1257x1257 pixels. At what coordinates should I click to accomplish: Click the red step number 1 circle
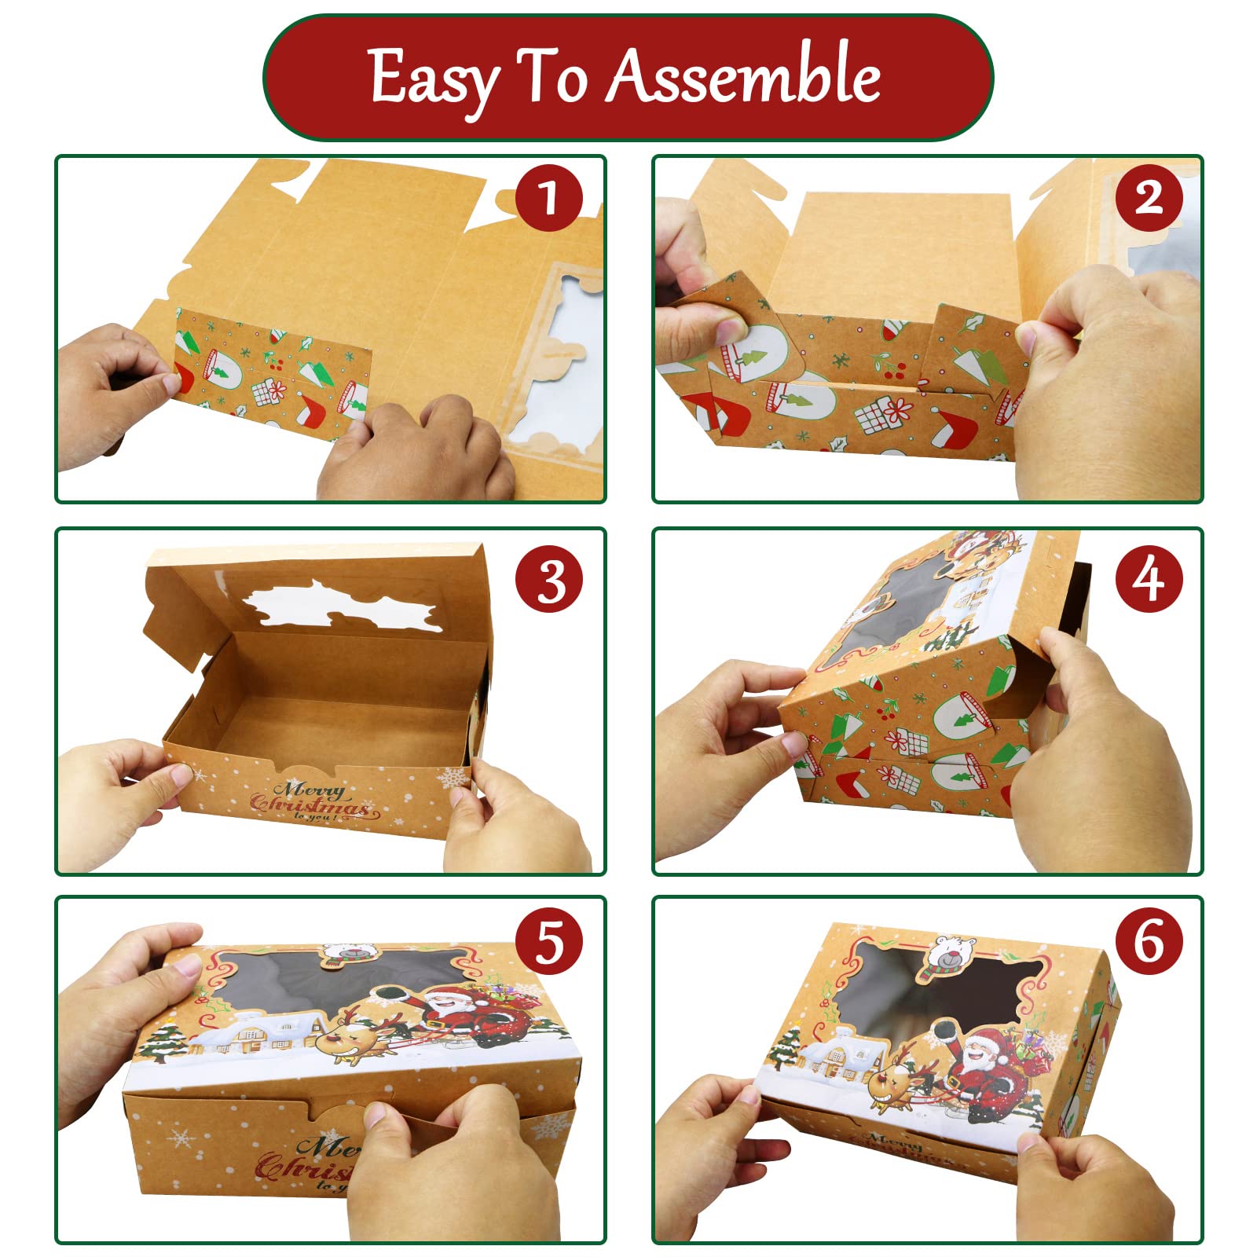click(549, 197)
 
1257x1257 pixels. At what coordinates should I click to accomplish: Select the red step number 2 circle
click(1149, 197)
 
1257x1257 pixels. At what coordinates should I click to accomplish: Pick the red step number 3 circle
click(549, 581)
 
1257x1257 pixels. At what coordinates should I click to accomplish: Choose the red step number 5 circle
click(549, 941)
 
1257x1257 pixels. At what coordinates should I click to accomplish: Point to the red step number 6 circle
click(1149, 941)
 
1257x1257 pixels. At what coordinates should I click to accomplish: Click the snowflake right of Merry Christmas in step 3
click(452, 779)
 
